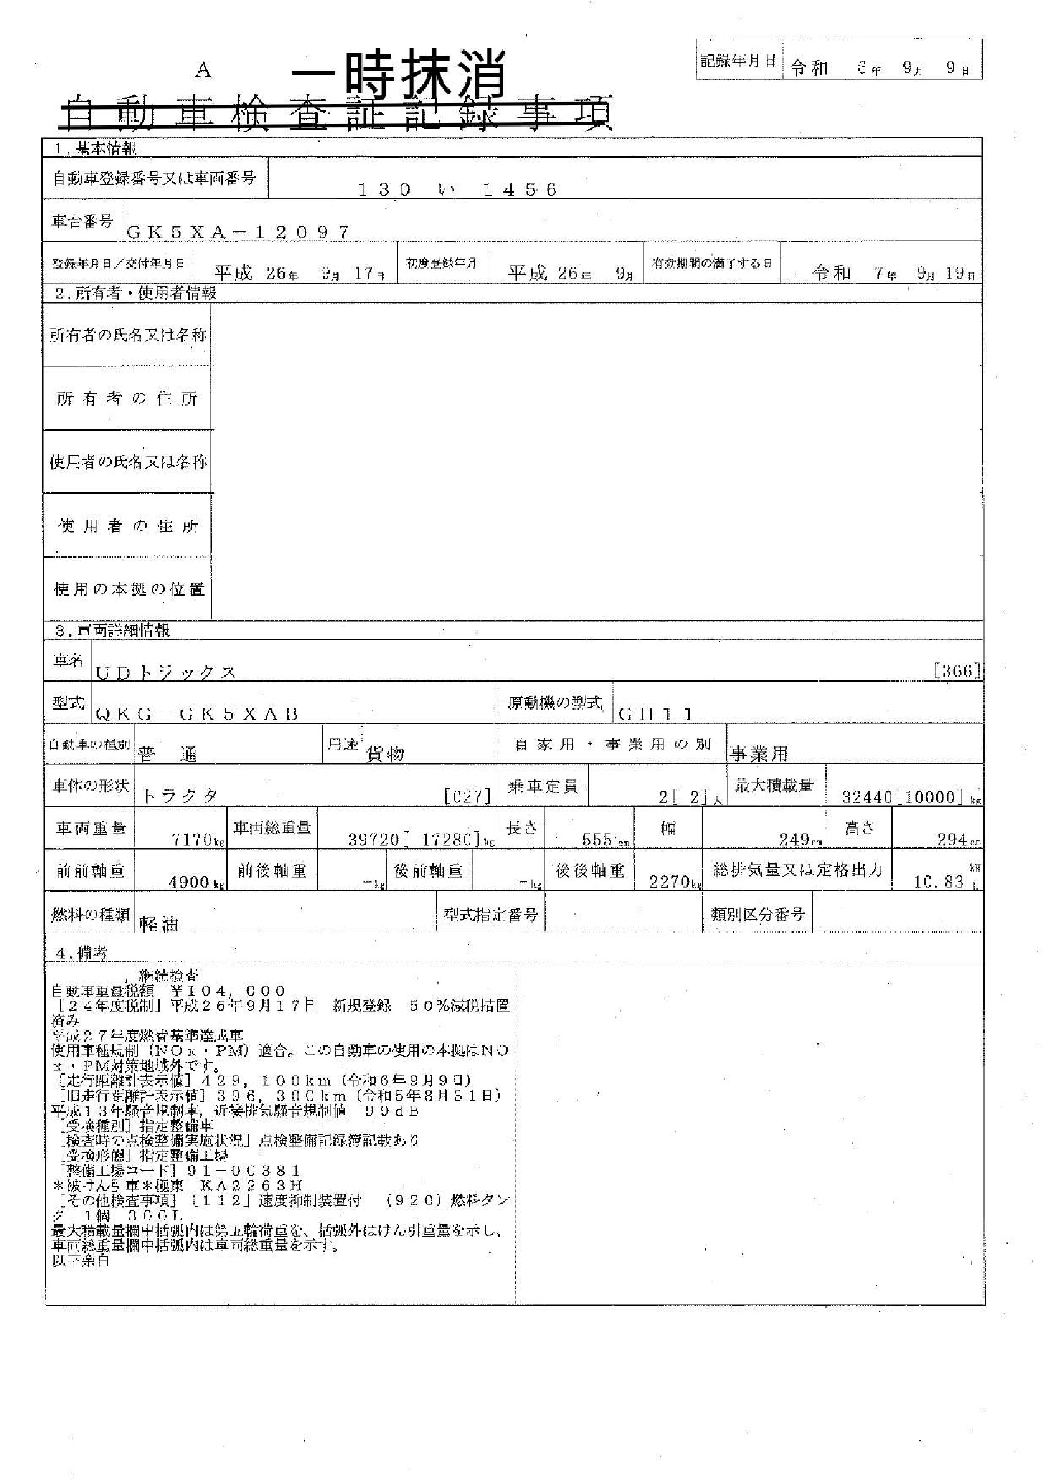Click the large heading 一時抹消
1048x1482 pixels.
pyautogui.click(x=398, y=75)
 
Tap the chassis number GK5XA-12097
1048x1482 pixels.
pyautogui.click(x=238, y=233)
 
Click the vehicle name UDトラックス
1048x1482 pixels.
pyautogui.click(x=166, y=673)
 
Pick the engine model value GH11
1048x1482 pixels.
pyautogui.click(x=656, y=714)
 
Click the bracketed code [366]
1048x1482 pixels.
pyautogui.click(x=957, y=671)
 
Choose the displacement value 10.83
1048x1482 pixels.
pyautogui.click(x=938, y=881)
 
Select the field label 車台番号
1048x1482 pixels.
pyautogui.click(x=82, y=221)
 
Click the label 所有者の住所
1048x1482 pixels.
pyautogui.click(x=127, y=399)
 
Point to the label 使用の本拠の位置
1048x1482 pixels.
pyautogui.click(x=129, y=589)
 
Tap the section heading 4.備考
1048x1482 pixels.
pyautogui.click(x=81, y=953)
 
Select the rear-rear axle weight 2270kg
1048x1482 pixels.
pyautogui.click(x=675, y=881)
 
